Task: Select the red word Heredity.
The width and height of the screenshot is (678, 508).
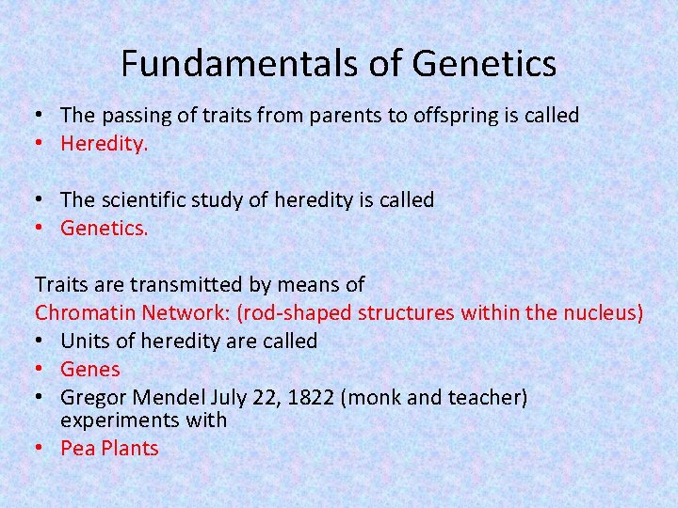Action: (x=104, y=144)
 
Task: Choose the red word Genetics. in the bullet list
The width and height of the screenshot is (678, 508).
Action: (x=104, y=229)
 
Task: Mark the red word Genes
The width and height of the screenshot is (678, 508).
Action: (x=90, y=370)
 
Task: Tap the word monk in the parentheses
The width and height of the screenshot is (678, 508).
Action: (x=374, y=398)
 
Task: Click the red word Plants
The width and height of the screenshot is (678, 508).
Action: (x=127, y=449)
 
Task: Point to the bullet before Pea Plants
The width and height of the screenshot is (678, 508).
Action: (x=40, y=449)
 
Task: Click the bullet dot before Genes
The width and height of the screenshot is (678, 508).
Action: (x=40, y=370)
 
